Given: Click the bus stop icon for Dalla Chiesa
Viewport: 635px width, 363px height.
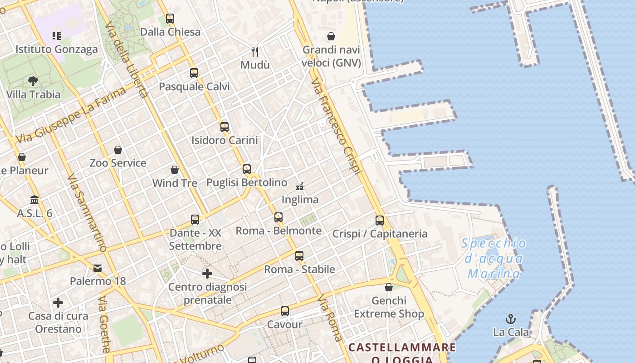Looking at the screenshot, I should (x=170, y=19).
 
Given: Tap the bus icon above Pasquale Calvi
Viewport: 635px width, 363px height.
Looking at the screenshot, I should (x=194, y=73).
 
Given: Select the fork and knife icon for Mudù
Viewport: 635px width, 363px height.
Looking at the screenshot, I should (x=255, y=51).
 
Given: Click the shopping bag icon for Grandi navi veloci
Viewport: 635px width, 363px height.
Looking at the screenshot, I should (x=331, y=36).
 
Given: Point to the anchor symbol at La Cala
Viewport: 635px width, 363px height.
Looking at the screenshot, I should (x=511, y=319).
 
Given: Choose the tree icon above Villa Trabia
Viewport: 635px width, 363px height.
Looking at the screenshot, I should (x=33, y=81).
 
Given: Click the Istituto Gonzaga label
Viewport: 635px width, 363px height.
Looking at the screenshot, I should (x=57, y=49).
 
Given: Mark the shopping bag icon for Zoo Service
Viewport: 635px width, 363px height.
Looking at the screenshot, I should (x=118, y=149).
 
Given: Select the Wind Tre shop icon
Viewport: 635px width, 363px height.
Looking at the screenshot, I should (x=175, y=170).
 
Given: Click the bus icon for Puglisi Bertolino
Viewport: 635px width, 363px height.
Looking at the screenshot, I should (x=247, y=169).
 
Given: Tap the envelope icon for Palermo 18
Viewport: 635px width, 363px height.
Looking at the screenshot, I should (x=98, y=268).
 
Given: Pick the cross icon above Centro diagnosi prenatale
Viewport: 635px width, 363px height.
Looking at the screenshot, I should (x=207, y=274).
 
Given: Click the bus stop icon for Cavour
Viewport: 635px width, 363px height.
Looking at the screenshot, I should (x=285, y=311).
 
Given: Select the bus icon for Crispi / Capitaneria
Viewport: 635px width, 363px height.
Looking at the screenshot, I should (x=380, y=221).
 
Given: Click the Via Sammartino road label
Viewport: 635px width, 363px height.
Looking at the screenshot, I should (x=87, y=213).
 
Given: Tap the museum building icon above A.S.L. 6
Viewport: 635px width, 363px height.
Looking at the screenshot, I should (x=34, y=200).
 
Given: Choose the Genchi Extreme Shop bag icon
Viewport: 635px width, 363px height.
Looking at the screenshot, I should (x=389, y=287).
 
